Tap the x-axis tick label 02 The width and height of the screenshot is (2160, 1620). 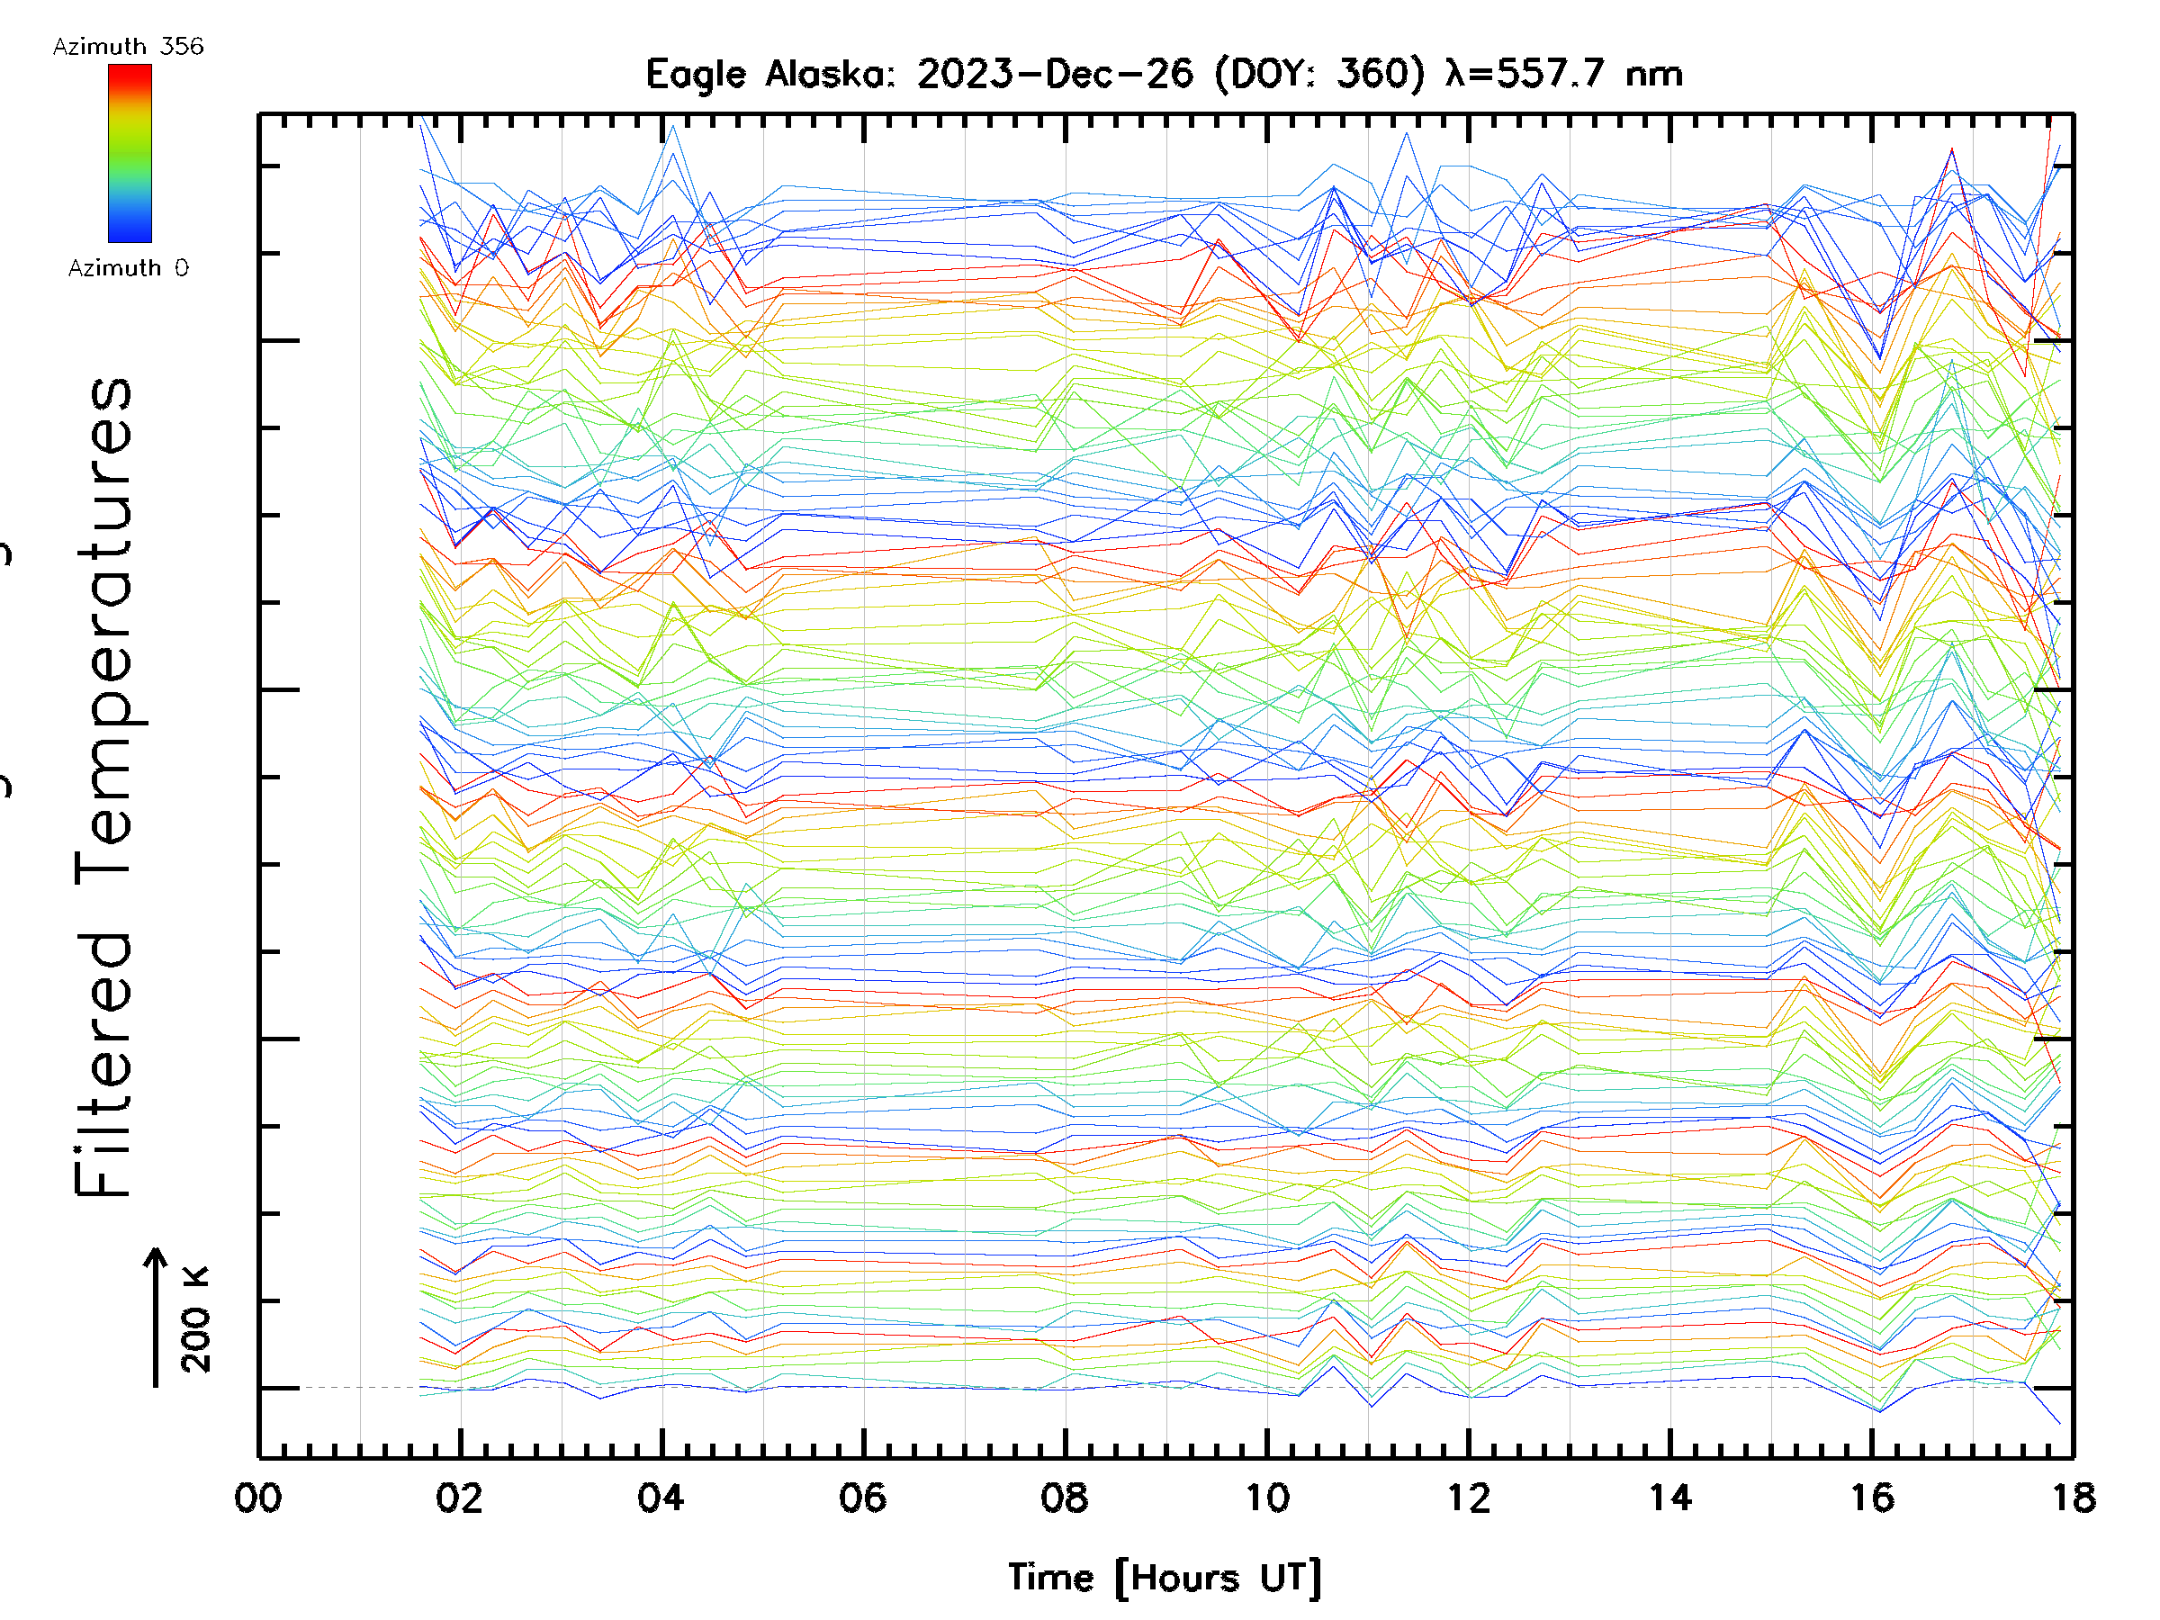459,1497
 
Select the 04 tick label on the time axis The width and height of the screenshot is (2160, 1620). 661,1497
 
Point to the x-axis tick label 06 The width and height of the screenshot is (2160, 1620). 862,1497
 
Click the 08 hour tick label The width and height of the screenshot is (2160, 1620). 1065,1497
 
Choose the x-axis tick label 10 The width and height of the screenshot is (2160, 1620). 1266,1497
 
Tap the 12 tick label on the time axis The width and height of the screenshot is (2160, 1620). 1469,1497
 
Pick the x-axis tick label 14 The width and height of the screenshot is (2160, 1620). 1669,1497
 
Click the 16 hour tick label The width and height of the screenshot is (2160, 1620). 1872,1497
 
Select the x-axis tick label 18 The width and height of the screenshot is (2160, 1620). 2072,1497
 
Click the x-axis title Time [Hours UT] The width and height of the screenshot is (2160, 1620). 1164,1578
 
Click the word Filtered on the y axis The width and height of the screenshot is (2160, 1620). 103,1065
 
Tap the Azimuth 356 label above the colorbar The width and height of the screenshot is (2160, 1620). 128,46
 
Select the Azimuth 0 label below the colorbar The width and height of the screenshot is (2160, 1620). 128,267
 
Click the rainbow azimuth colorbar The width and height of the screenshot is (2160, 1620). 130,153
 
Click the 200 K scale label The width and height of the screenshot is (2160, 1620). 195,1318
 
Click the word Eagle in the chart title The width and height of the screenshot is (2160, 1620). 696,74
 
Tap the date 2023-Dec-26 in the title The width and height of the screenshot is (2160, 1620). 1055,74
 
